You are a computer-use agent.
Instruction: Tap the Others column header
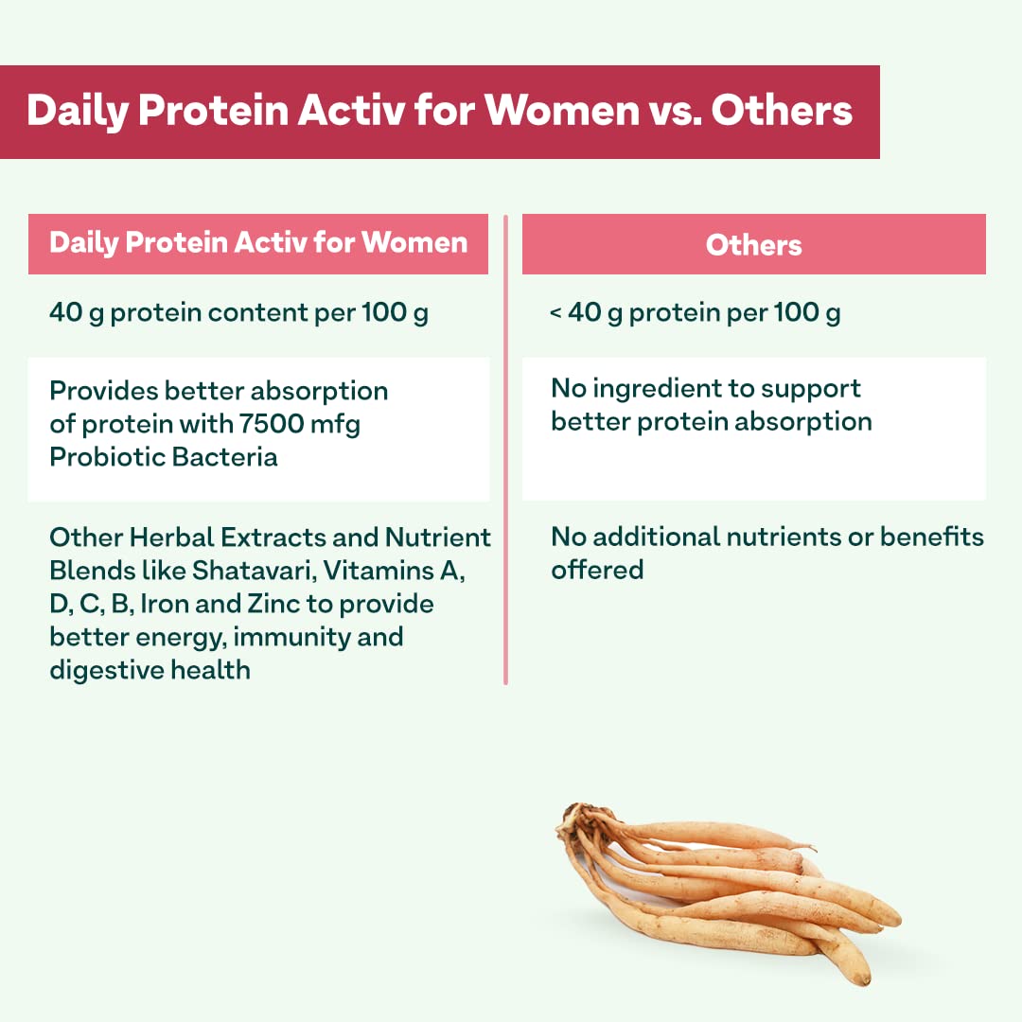(x=753, y=244)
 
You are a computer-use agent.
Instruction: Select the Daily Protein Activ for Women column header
(x=258, y=244)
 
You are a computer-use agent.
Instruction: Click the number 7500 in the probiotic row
(x=272, y=424)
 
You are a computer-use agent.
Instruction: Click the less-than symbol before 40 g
(x=555, y=313)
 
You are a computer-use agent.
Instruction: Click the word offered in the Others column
(x=597, y=570)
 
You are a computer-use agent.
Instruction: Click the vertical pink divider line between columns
(x=505, y=449)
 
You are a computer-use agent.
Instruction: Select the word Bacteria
(x=225, y=457)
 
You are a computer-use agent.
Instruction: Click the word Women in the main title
(x=562, y=110)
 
